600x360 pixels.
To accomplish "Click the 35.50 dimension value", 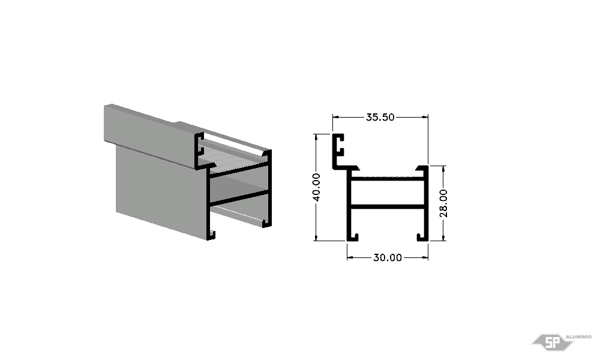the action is [380, 117].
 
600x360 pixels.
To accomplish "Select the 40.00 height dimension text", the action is [316, 187].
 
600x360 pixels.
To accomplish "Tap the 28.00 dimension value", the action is [443, 203].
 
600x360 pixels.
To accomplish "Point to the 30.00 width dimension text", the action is [388, 257].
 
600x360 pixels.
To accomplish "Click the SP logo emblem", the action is [552, 342].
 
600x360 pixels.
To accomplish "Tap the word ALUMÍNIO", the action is [578, 337].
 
